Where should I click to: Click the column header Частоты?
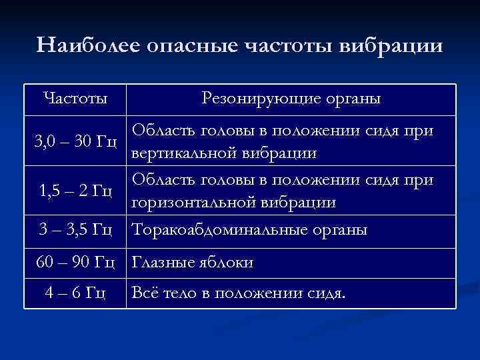click(75, 99)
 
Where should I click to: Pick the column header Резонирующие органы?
click(291, 99)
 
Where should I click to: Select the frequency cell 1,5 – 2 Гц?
click(75, 191)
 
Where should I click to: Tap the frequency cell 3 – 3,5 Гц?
click(75, 230)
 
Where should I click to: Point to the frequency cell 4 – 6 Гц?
click(75, 293)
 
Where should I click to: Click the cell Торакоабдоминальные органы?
click(250, 230)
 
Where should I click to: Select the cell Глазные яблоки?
click(193, 263)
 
